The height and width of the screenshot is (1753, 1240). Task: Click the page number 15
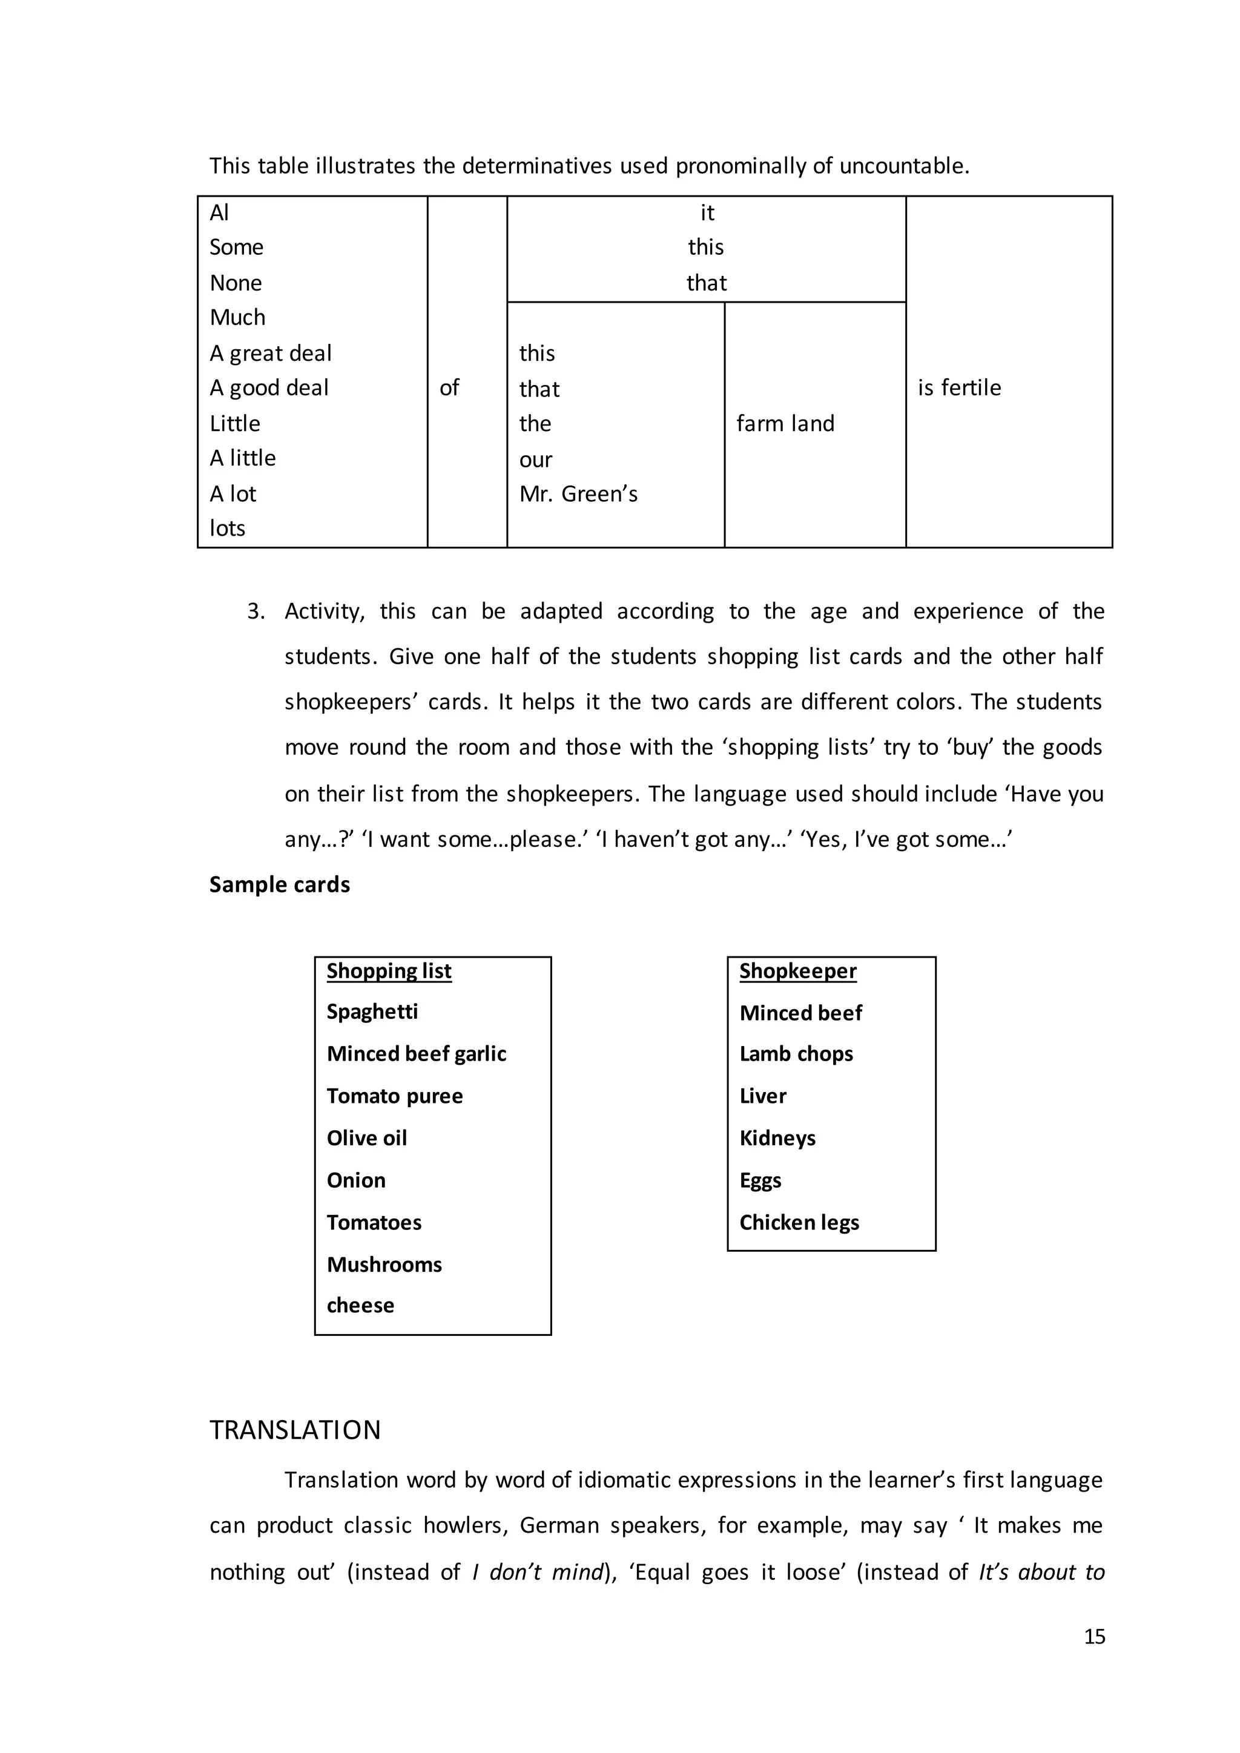click(x=1094, y=1636)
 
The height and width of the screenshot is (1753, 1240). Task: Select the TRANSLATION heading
click(x=295, y=1430)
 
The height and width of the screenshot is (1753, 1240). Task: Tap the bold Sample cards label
click(x=280, y=885)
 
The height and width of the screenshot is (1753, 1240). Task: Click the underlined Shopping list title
click(x=389, y=971)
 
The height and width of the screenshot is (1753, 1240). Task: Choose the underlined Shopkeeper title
click(x=797, y=971)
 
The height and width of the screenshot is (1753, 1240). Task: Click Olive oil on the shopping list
click(x=366, y=1139)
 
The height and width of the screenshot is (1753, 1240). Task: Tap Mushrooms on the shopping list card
click(x=384, y=1265)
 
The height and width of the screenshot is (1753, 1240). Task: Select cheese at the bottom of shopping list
click(x=360, y=1306)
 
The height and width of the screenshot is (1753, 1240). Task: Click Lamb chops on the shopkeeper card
click(x=796, y=1054)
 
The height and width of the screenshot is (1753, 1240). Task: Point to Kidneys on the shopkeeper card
click(x=777, y=1139)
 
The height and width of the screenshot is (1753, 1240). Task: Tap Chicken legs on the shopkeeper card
click(x=799, y=1223)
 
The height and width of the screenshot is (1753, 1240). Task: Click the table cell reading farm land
click(x=785, y=424)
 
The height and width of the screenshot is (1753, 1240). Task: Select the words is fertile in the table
click(x=959, y=388)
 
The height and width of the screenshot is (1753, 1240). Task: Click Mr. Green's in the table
click(x=578, y=494)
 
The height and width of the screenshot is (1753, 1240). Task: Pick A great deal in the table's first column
click(x=270, y=354)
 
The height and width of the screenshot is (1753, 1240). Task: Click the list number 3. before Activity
click(x=256, y=611)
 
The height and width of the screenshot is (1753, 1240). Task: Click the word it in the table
click(x=707, y=213)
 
